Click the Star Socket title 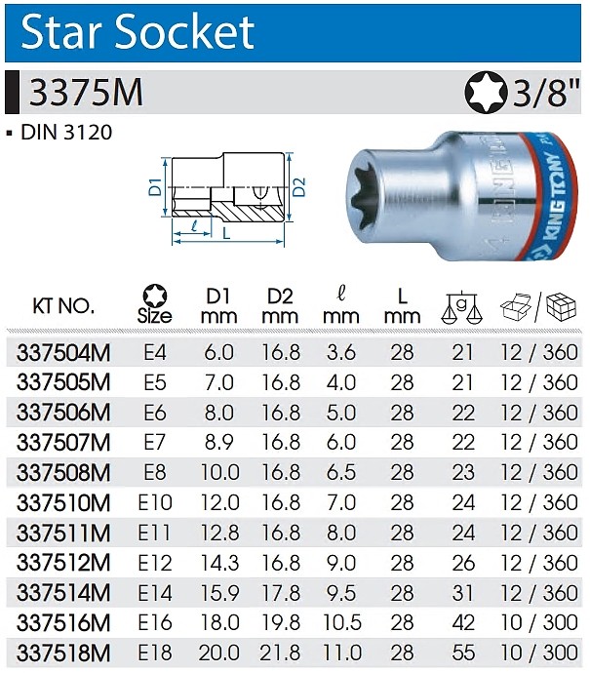[138, 32]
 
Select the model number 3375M [86, 93]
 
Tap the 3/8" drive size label [546, 93]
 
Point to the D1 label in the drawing [155, 187]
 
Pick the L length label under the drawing [226, 233]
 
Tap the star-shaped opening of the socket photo [368, 194]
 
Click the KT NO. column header [63, 306]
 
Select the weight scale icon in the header [461, 308]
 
